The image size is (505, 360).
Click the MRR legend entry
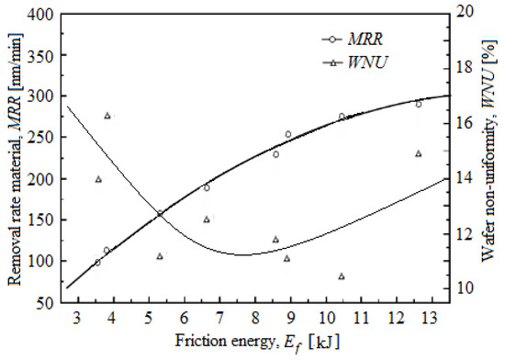[x=353, y=40]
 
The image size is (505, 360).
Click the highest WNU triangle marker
[x=107, y=116]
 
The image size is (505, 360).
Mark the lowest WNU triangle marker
[x=342, y=276]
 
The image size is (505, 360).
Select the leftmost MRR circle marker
[x=97, y=263]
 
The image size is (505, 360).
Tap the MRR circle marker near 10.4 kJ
[x=342, y=117]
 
